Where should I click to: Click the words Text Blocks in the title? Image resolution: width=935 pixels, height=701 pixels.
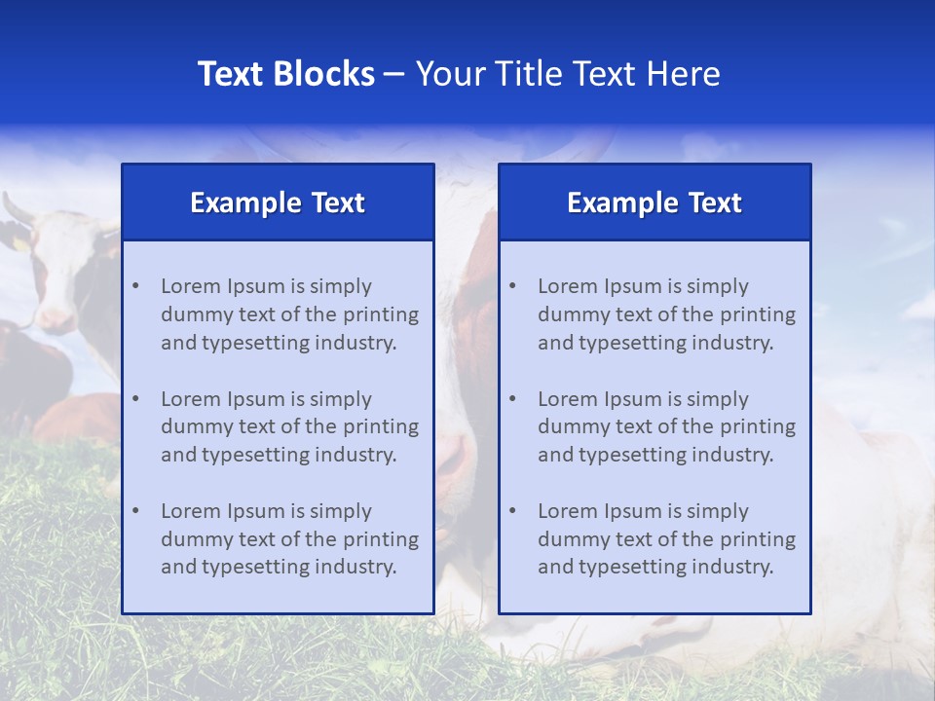coord(285,74)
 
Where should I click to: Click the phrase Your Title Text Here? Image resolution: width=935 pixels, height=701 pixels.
coord(568,74)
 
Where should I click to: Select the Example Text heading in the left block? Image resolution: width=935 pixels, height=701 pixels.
coord(278,203)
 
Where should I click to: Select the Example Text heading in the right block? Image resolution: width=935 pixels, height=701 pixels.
coord(654,203)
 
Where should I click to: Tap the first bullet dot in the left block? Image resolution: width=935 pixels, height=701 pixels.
coord(135,286)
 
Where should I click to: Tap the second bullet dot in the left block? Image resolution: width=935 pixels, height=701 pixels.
coord(135,399)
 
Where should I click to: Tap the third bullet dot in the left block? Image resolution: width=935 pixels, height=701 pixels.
coord(135,511)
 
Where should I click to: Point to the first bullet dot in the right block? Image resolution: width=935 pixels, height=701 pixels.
coord(512,286)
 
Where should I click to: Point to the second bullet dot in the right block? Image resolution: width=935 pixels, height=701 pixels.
coord(512,399)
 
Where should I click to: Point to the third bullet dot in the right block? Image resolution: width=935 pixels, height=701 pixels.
coord(512,511)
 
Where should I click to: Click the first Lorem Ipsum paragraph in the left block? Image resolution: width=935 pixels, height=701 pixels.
coord(289,314)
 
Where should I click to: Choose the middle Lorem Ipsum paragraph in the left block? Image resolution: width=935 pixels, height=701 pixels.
coord(289,426)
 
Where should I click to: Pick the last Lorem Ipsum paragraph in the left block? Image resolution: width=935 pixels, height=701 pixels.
coord(289,539)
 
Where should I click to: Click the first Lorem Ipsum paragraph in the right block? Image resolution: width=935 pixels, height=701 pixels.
coord(666,314)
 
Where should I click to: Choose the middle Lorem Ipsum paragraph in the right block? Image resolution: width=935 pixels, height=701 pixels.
coord(666,426)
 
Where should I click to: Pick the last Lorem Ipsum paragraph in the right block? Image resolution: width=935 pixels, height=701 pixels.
coord(666,539)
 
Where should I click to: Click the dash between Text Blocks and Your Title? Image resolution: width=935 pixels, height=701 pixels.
coord(394,75)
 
